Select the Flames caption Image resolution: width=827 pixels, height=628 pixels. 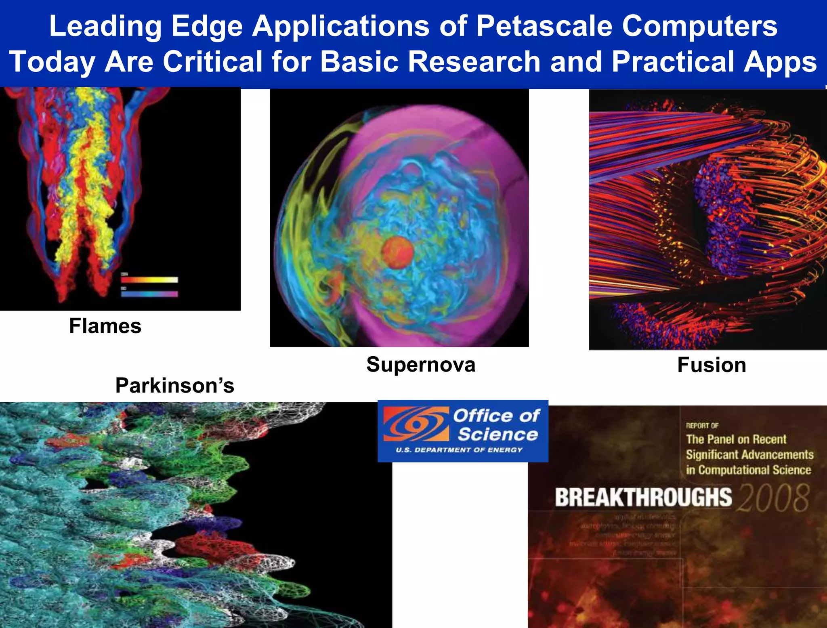click(x=105, y=326)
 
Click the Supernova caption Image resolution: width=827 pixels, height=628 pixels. click(x=421, y=365)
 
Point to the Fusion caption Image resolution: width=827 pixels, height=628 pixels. click(x=712, y=365)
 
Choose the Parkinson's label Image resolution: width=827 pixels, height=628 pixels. click(x=174, y=385)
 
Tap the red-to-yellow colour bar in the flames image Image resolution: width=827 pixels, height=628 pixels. click(x=149, y=280)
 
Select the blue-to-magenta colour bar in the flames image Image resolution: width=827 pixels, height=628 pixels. click(x=149, y=294)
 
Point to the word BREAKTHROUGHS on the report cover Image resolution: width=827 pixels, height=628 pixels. click(x=643, y=498)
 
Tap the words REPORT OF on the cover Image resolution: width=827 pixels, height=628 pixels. click(x=702, y=426)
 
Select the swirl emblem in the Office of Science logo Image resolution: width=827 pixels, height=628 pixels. click(x=416, y=424)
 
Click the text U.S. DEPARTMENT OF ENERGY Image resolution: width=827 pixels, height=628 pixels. click(x=459, y=450)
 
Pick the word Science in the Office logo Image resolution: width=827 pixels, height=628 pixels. click(x=497, y=435)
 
